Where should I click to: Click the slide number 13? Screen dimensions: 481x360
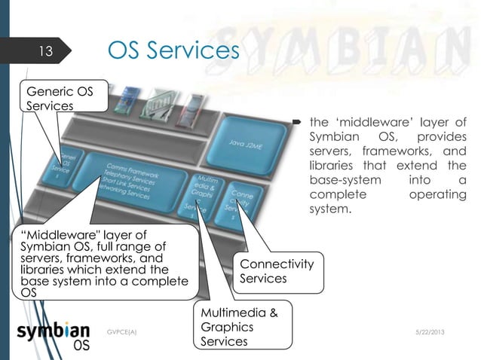click(x=45, y=52)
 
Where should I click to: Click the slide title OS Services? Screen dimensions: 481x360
click(x=173, y=50)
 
